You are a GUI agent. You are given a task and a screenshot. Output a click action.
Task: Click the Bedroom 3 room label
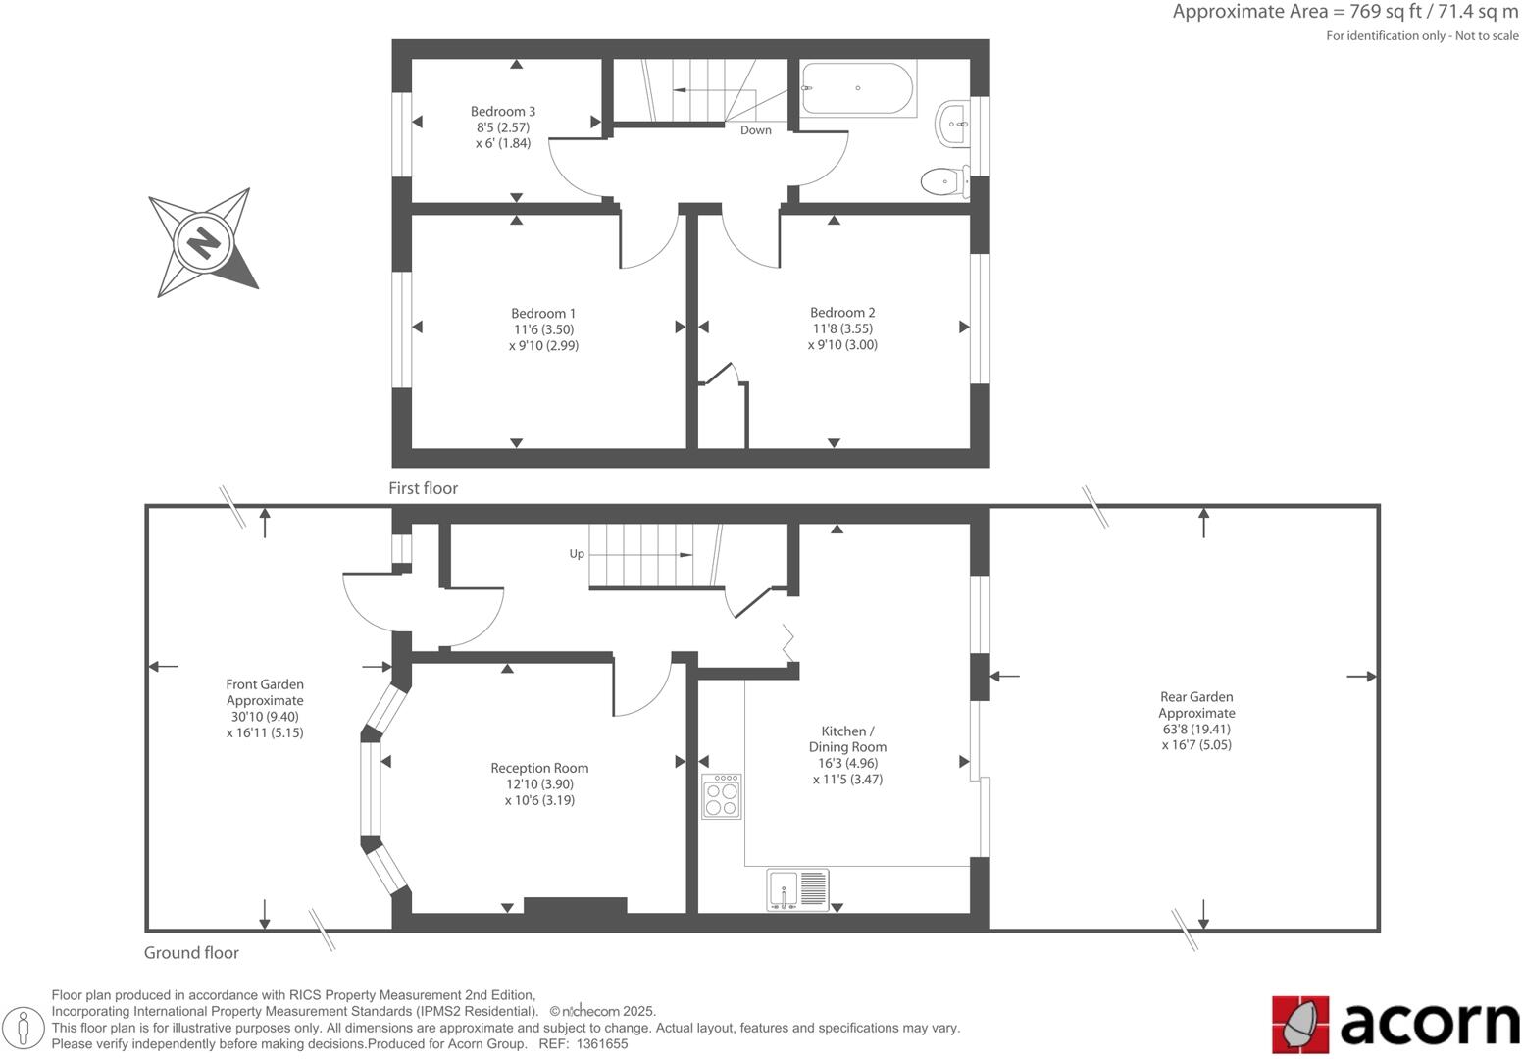click(502, 112)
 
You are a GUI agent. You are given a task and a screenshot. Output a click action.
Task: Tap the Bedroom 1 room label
click(543, 314)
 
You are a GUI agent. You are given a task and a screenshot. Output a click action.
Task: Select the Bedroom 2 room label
click(842, 313)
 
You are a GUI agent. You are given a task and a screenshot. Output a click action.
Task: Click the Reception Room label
click(539, 768)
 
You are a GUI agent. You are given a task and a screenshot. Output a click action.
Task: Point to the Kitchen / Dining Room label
click(847, 739)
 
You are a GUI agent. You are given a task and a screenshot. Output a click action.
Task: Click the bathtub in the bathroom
click(857, 89)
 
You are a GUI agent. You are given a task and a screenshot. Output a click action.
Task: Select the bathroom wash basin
click(953, 125)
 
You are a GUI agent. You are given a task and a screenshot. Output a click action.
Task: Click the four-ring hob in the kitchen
click(722, 796)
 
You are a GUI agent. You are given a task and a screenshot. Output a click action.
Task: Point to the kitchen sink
click(797, 890)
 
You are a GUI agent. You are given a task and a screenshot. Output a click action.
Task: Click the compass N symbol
click(203, 241)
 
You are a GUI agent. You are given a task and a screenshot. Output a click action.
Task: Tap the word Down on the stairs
click(755, 130)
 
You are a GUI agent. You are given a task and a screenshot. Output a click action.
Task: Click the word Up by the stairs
click(577, 554)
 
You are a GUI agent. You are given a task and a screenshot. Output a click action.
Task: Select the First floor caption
click(423, 488)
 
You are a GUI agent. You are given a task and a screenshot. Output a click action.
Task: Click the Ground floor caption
click(191, 953)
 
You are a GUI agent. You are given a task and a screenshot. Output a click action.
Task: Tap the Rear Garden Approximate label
click(1195, 705)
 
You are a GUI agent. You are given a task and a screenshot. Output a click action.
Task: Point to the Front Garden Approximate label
click(265, 692)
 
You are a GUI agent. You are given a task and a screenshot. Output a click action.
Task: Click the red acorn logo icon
click(1300, 1025)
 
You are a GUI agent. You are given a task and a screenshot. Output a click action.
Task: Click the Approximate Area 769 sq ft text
click(1344, 13)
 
